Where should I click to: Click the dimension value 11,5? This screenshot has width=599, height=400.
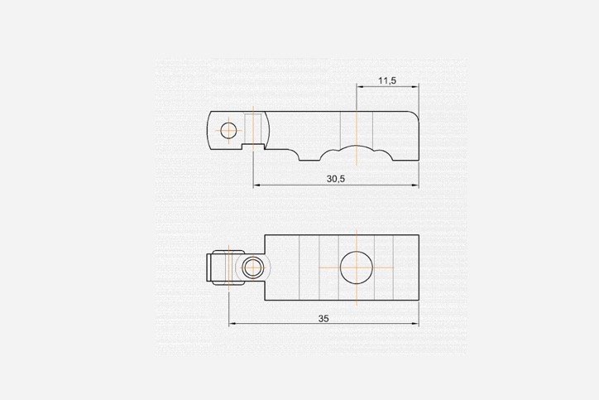pos(387,80)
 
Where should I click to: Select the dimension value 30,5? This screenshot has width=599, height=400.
pos(335,179)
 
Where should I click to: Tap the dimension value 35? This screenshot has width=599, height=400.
pos(323,319)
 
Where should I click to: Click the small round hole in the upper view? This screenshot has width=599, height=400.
pos(228,130)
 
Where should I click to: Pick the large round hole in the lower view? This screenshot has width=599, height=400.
pos(357,267)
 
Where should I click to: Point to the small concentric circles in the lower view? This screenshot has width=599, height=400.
pos(253,267)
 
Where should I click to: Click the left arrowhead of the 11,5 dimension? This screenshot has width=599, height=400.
pos(359,87)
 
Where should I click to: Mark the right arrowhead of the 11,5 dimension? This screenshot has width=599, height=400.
pos(415,87)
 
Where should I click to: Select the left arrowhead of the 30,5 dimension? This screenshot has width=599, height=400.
pos(256,185)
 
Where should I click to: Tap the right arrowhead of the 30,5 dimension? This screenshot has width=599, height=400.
pos(415,185)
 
